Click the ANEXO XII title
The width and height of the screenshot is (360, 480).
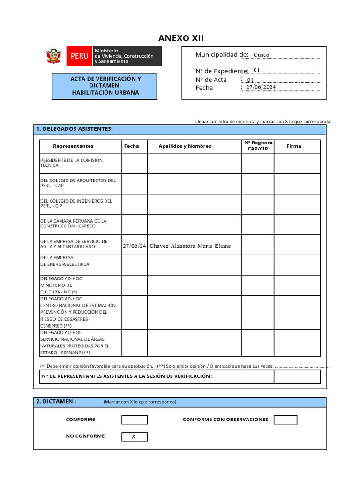tap(180, 38)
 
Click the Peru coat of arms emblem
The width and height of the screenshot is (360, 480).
tap(54, 56)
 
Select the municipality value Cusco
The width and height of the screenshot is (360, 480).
tap(261, 55)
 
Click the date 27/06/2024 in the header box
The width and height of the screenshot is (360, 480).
tap(261, 87)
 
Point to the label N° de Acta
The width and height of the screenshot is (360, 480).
tap(211, 80)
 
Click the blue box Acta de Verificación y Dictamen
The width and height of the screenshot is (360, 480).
tap(105, 86)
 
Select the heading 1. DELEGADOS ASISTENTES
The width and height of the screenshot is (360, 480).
tap(75, 129)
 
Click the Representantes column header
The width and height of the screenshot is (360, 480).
tap(73, 146)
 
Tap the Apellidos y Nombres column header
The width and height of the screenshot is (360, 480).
tap(185, 146)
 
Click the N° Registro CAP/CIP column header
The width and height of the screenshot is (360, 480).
tap(258, 146)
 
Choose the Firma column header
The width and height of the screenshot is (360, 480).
tap(294, 146)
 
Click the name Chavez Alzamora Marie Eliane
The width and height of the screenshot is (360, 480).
tap(190, 246)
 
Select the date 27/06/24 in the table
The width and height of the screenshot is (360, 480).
tap(135, 246)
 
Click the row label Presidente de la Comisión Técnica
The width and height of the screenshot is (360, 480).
tap(71, 163)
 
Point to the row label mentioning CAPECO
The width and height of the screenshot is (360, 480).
tap(73, 223)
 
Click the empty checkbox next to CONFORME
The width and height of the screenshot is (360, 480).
tap(134, 420)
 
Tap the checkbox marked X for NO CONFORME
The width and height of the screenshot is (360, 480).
tap(134, 437)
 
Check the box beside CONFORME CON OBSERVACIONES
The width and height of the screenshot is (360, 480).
tap(285, 420)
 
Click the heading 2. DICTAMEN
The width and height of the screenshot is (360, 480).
tap(56, 402)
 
